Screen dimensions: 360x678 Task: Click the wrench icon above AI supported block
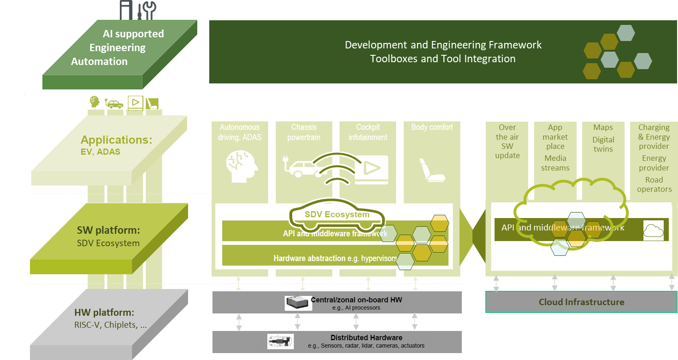point(148,9)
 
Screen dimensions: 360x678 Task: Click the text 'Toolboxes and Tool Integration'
point(442,59)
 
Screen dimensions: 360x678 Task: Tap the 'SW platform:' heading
point(108,230)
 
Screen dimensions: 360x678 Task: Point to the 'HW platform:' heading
point(104,312)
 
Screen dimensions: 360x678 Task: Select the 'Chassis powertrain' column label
point(304,132)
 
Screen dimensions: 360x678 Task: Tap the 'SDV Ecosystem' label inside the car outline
point(337,214)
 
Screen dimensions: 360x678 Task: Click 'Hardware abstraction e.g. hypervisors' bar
point(335,258)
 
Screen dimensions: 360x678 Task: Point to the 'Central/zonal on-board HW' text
point(356,300)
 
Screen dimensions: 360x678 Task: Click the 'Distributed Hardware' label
point(366,338)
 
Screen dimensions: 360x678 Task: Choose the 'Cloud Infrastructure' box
point(581,302)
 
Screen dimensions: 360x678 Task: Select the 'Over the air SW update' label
point(507,141)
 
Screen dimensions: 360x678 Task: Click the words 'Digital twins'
point(603,144)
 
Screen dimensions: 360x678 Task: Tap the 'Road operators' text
point(654,184)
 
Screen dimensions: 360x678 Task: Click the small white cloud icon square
point(653,230)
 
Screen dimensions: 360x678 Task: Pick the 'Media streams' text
point(555,163)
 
